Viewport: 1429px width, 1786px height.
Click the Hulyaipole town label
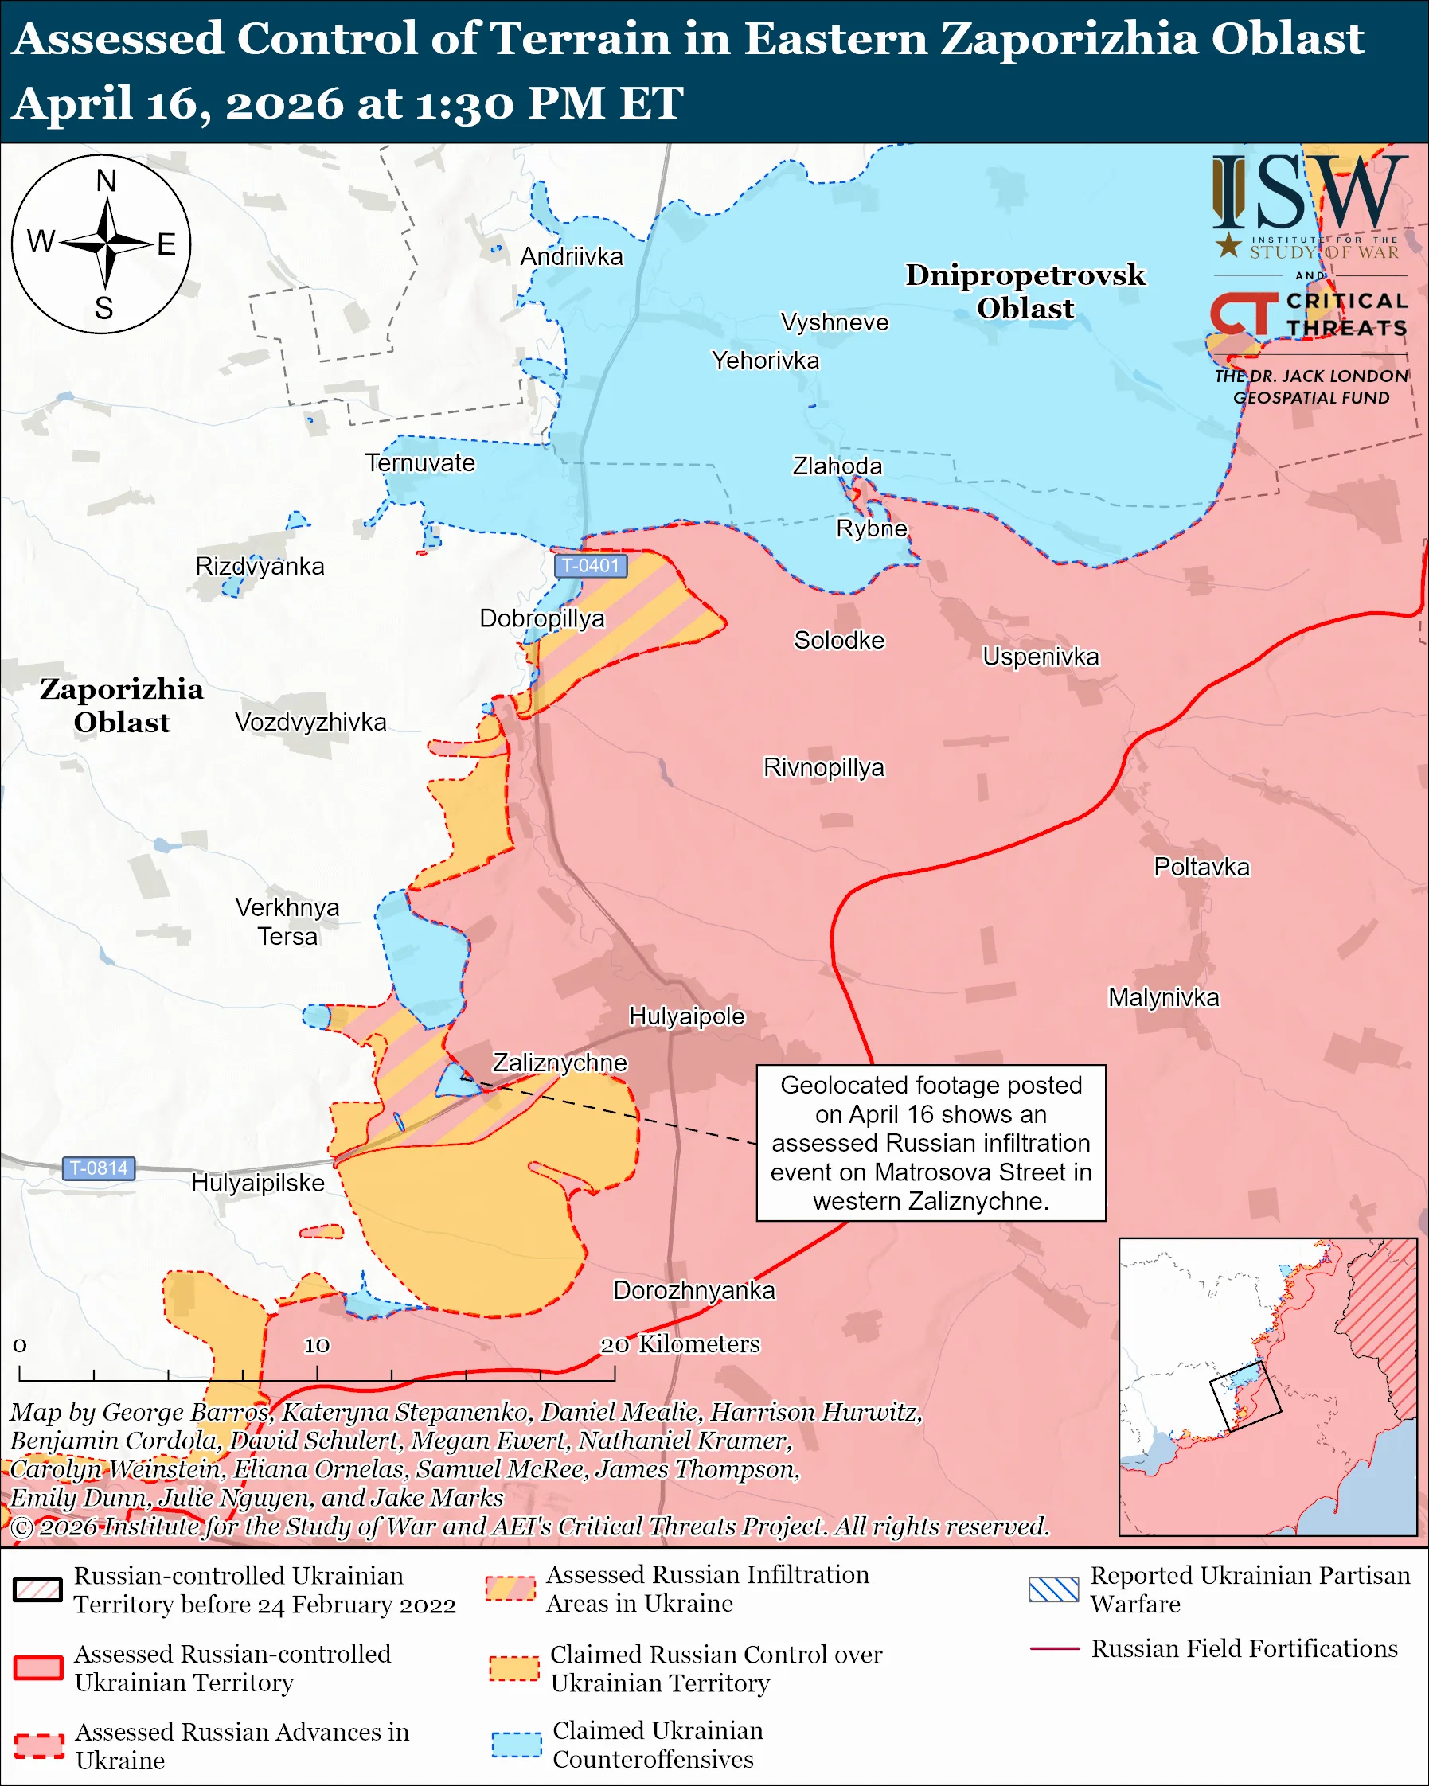[687, 1016]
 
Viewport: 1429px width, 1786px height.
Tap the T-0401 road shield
[590, 566]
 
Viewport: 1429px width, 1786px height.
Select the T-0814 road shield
[99, 1168]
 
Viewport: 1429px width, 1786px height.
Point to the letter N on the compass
[106, 181]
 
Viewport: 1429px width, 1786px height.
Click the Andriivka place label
[571, 257]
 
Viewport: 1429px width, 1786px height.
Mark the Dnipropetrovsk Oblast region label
[1025, 291]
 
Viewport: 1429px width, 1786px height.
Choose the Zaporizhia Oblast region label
[122, 706]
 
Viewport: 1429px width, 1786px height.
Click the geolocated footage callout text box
[931, 1143]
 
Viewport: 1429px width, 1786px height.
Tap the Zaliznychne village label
[559, 1063]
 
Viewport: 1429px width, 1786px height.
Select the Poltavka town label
[1201, 868]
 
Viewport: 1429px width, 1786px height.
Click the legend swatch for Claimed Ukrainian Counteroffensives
[516, 1745]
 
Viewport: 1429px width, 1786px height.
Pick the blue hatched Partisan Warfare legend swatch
[1054, 1589]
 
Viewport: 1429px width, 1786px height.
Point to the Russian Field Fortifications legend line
[1054, 1649]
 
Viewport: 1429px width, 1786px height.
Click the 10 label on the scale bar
[317, 1345]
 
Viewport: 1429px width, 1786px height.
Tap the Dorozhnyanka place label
[693, 1291]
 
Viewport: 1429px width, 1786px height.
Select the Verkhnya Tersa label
[287, 922]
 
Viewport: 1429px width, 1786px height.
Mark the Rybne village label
[872, 528]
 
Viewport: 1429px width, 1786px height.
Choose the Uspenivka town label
[1041, 657]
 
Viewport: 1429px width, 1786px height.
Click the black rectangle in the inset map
[1245, 1396]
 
